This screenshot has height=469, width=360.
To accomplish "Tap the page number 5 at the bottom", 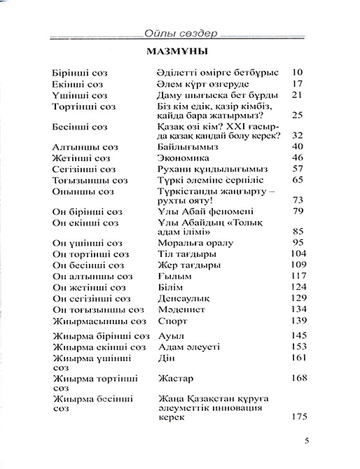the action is (306, 440).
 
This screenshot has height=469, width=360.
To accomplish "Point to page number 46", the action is (296, 158).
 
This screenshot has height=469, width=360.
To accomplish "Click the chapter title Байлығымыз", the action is (185, 147).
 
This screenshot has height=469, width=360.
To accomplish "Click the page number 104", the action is (298, 253).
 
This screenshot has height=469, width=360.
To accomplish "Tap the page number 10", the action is (296, 72).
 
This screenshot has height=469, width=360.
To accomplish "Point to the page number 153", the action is (298, 346).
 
